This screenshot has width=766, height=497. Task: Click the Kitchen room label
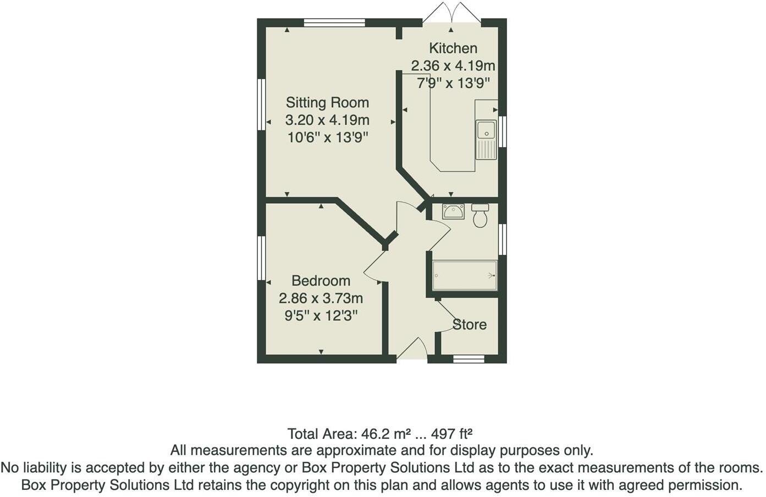pos(453,48)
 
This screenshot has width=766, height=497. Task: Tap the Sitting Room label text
pos(327,103)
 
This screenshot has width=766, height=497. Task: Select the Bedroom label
pos(321,281)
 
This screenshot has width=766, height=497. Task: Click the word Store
pos(470,325)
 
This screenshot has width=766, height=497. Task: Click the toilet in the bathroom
pos(480,216)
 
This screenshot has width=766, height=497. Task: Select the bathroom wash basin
pos(453,211)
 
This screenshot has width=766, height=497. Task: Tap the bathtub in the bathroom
pos(465,275)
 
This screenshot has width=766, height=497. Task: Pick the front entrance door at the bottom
pos(412,350)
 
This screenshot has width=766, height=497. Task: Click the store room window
pos(469,359)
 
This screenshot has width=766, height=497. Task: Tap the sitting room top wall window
pos(334,23)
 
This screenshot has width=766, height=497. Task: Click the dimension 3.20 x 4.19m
pos(327,120)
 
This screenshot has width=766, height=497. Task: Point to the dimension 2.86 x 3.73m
pos(321,298)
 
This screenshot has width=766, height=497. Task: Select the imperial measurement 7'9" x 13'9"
pos(453,83)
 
